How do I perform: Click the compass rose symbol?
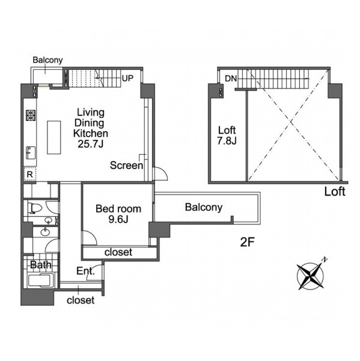tap(311, 276)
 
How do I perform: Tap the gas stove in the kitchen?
tap(31, 116)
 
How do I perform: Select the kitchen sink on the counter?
tap(31, 153)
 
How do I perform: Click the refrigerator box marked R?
tap(30, 174)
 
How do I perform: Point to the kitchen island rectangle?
tap(54, 137)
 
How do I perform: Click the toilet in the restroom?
tap(35, 208)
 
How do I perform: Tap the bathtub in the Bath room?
tap(41, 280)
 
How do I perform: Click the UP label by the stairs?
tap(127, 78)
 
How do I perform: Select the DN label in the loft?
tap(231, 78)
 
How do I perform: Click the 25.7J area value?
tap(90, 144)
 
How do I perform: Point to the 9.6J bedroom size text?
tap(118, 220)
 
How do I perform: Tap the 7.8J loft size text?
tap(227, 140)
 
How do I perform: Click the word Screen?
tap(126, 165)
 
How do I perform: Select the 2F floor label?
tap(247, 242)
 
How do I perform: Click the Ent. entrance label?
tap(85, 271)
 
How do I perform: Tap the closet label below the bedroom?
tap(118, 252)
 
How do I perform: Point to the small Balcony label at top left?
tap(47, 60)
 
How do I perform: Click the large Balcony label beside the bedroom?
tap(204, 208)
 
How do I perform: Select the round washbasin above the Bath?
tap(45, 232)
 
